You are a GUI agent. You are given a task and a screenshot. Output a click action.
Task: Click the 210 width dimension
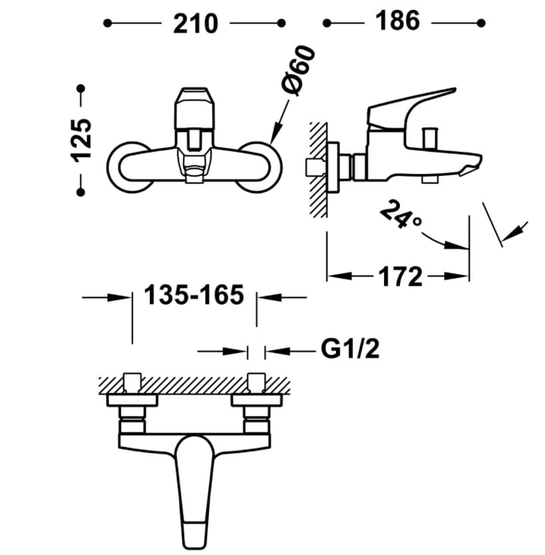(195, 23)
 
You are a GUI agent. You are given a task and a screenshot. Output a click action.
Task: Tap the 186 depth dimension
(399, 21)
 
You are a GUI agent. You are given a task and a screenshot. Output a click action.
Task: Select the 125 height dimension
(81, 140)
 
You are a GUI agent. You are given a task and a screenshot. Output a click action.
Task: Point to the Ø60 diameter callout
(297, 70)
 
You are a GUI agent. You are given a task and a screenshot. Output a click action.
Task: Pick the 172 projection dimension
(402, 275)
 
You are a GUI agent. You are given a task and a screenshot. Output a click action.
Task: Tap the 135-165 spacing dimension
(194, 294)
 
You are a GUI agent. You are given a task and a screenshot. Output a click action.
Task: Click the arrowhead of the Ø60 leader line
(275, 139)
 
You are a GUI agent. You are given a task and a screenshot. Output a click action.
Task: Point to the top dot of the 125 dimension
(81, 89)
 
